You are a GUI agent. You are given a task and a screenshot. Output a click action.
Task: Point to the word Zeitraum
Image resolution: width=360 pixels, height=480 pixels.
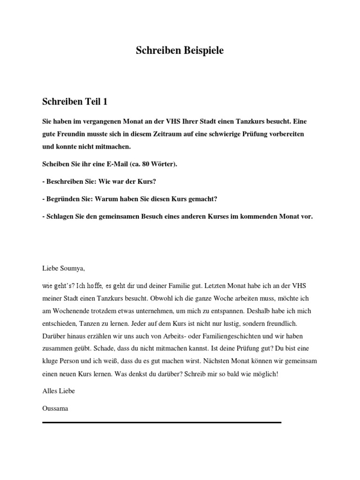click(x=175, y=134)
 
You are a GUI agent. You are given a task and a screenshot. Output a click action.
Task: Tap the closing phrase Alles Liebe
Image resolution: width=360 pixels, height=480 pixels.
click(x=59, y=390)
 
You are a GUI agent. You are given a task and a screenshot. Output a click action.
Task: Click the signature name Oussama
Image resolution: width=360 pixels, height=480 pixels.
click(x=55, y=408)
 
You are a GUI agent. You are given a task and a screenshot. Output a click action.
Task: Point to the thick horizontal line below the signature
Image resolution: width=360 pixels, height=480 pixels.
click(x=162, y=423)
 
